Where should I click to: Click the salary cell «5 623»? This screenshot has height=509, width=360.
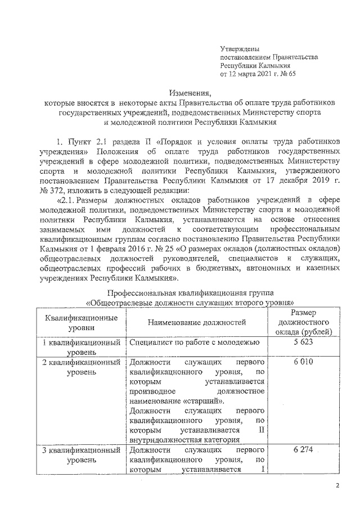click(304, 342)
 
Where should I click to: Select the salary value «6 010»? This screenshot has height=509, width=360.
click(304, 362)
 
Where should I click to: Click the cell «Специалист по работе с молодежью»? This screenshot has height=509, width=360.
click(193, 342)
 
